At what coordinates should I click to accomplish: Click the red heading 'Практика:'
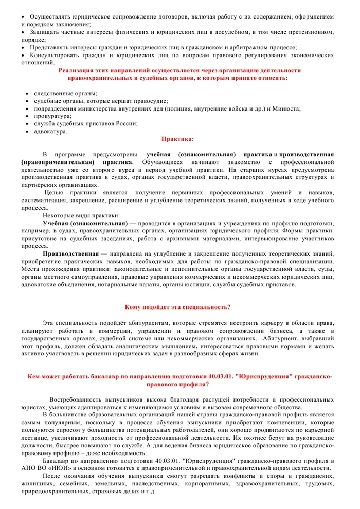pos(178,139)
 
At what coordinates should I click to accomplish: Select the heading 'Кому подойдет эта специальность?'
pos(177,307)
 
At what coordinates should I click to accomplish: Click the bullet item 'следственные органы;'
pos(65,94)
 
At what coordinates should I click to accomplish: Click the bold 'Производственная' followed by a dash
pos(70,254)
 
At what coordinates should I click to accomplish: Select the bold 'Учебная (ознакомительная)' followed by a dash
pos(85,224)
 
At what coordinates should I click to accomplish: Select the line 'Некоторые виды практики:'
pos(81,216)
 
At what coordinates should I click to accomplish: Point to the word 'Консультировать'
pos(53,54)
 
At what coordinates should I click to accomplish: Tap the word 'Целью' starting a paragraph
pos(54,193)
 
